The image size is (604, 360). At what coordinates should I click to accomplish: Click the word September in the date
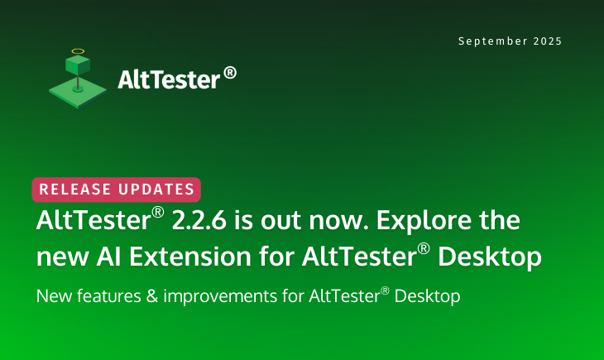point(492,41)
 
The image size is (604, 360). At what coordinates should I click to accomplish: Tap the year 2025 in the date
point(548,41)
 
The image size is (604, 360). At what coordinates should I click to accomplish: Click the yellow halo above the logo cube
point(78,50)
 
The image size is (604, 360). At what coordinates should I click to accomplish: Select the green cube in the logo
point(78,65)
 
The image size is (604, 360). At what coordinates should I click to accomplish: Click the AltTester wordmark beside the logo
point(169,79)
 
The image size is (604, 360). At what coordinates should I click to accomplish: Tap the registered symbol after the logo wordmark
point(230,73)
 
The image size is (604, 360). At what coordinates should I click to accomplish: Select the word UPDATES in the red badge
point(156,190)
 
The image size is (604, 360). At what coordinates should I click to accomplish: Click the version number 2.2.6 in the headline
point(199,220)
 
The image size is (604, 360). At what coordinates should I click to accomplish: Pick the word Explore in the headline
point(424,221)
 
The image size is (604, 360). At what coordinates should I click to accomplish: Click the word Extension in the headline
point(190,257)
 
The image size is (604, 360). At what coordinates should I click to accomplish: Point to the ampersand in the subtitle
point(152,296)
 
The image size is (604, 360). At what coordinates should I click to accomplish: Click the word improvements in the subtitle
point(220,297)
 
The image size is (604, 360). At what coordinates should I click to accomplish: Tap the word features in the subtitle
point(109,296)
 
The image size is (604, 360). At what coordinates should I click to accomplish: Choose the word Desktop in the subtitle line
point(427,297)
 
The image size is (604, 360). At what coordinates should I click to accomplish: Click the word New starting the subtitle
point(54,296)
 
